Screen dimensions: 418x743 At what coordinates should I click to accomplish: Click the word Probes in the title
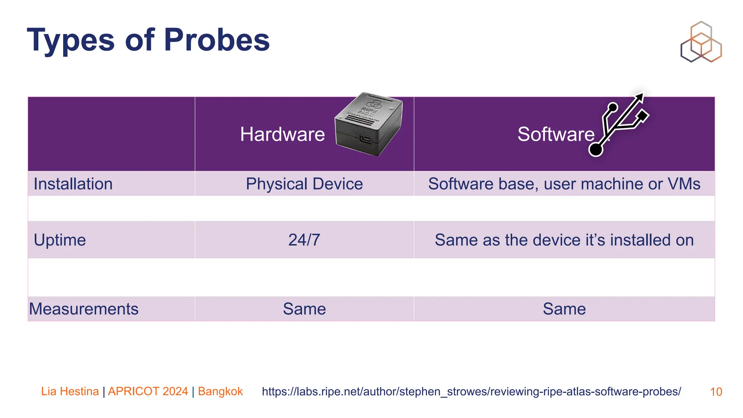pyautogui.click(x=217, y=40)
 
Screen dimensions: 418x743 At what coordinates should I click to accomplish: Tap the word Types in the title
pyautogui.click(x=71, y=40)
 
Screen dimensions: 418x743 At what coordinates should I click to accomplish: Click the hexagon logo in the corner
pyautogui.click(x=701, y=42)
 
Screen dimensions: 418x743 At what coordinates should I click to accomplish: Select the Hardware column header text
pyautogui.click(x=282, y=134)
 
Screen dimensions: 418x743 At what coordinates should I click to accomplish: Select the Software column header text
pyautogui.click(x=556, y=134)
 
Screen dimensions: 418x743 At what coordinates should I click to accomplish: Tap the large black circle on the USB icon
pyautogui.click(x=596, y=149)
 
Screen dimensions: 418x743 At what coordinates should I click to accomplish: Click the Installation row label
pyautogui.click(x=73, y=184)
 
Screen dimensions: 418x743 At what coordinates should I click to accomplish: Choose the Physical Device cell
pyautogui.click(x=304, y=184)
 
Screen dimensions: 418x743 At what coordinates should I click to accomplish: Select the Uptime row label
pyautogui.click(x=59, y=240)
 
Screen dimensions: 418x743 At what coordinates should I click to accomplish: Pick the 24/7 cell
pyautogui.click(x=304, y=240)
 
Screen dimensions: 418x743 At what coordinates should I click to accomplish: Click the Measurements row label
pyautogui.click(x=84, y=309)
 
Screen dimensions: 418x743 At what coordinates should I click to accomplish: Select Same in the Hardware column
pyautogui.click(x=304, y=309)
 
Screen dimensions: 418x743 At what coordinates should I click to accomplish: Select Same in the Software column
pyautogui.click(x=564, y=309)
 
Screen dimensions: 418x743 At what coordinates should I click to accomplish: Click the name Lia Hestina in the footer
pyautogui.click(x=70, y=392)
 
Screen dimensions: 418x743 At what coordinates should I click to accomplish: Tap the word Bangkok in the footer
pyautogui.click(x=220, y=392)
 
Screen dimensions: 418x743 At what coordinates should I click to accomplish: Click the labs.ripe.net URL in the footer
pyautogui.click(x=471, y=392)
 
